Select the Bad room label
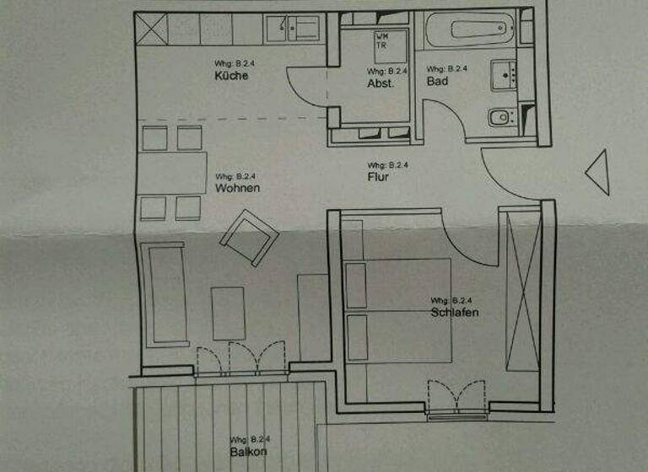tap(437, 82)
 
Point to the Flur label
tap(377, 177)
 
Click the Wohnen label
tap(237, 188)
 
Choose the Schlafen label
tap(454, 312)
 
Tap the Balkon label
tap(248, 451)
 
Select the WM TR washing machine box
tap(382, 40)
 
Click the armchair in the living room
tap(249, 237)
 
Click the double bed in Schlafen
tap(397, 312)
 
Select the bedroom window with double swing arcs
tap(456, 398)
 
